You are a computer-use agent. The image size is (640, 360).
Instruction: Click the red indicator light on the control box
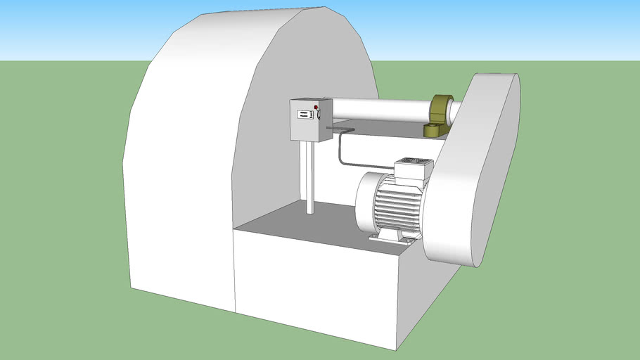click(316, 107)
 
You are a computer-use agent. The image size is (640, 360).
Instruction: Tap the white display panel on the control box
click(302, 114)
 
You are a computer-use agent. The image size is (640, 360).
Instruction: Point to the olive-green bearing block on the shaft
click(442, 109)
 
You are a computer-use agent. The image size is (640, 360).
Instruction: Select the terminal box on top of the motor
click(412, 169)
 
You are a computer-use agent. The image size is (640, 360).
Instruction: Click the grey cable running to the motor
click(340, 151)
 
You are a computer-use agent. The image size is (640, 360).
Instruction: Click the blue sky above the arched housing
click(457, 28)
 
